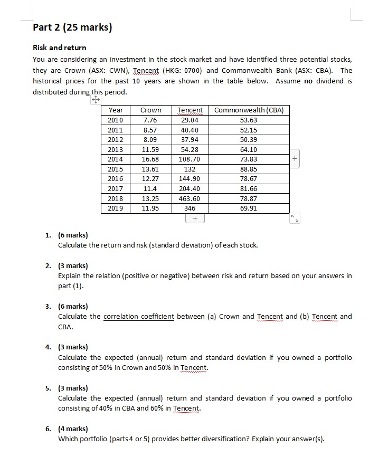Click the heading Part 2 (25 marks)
[72, 27]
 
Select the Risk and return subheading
[59, 47]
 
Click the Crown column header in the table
[151, 110]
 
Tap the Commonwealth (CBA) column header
[250, 110]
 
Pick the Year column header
[116, 110]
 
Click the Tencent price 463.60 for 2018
[190, 198]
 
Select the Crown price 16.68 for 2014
[151, 159]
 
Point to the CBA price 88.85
[250, 169]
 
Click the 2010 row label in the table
[116, 120]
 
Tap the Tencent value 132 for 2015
[190, 169]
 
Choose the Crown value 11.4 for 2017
[151, 188]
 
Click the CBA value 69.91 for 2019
[250, 208]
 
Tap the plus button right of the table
[295, 159]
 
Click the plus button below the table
[195, 218]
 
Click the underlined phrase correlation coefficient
[138, 316]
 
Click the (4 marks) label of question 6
[73, 429]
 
